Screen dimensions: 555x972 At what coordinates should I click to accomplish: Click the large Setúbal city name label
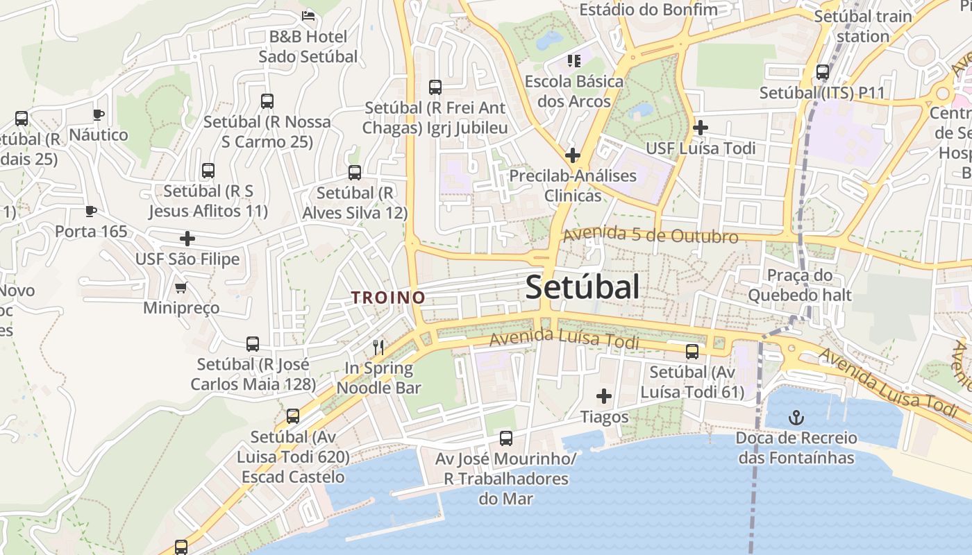point(582,287)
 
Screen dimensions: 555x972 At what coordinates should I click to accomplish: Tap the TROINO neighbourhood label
point(387,298)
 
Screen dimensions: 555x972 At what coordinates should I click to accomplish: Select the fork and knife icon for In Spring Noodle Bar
point(378,347)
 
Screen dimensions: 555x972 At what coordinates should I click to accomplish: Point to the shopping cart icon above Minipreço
point(181,287)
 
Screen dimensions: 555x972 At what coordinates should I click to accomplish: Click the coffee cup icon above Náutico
point(98,114)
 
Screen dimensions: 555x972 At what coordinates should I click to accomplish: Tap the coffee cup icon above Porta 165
point(90,211)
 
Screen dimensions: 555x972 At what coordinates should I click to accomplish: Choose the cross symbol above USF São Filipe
point(187,239)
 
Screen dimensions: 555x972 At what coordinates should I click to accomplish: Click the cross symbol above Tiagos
point(604,396)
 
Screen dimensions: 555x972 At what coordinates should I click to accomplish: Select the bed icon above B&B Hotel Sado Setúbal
point(308,15)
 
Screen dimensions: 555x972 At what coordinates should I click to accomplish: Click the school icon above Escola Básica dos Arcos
point(573,61)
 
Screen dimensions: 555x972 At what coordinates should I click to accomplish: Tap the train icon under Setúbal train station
point(823,71)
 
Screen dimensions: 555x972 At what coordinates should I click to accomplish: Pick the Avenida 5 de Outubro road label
point(650,235)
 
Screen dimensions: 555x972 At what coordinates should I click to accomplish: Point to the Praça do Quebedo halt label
point(799,285)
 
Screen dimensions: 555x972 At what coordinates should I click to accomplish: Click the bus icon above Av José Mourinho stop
point(506,438)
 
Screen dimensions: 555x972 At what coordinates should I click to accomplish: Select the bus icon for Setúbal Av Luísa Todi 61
point(692,352)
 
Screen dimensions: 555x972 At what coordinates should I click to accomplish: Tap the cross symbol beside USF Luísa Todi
point(701,128)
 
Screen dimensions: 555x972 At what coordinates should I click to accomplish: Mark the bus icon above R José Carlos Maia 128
point(253,343)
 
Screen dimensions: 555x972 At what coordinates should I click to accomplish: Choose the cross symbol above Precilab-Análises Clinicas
point(572,155)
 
